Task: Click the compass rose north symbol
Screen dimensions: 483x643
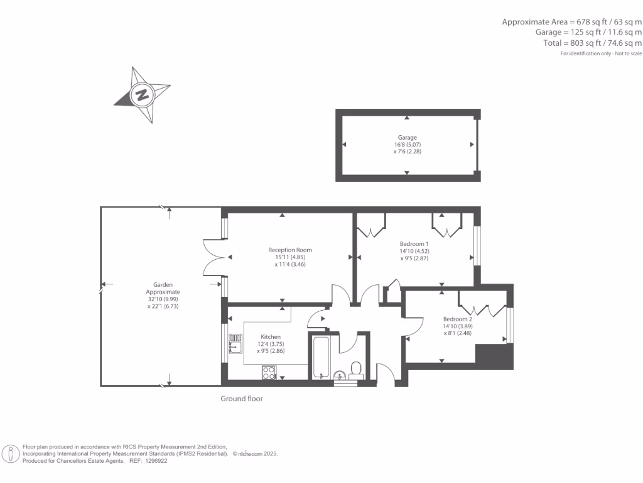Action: pyautogui.click(x=142, y=94)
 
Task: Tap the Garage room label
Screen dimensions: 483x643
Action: pyautogui.click(x=407, y=137)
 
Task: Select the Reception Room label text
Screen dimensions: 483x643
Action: pyautogui.click(x=289, y=250)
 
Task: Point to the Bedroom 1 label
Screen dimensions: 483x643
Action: pyautogui.click(x=414, y=244)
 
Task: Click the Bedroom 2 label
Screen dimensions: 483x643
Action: pyautogui.click(x=457, y=319)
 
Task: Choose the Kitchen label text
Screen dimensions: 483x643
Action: pyautogui.click(x=271, y=337)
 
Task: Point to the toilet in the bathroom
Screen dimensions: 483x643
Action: pyautogui.click(x=356, y=370)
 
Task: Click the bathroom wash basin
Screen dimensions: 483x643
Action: pyautogui.click(x=340, y=375)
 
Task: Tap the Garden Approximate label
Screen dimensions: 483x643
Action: pyautogui.click(x=163, y=289)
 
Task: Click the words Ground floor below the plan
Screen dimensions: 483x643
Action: pyautogui.click(x=241, y=399)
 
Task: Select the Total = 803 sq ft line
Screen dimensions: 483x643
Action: pyautogui.click(x=592, y=43)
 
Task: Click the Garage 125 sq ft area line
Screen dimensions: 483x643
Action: pyautogui.click(x=588, y=32)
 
